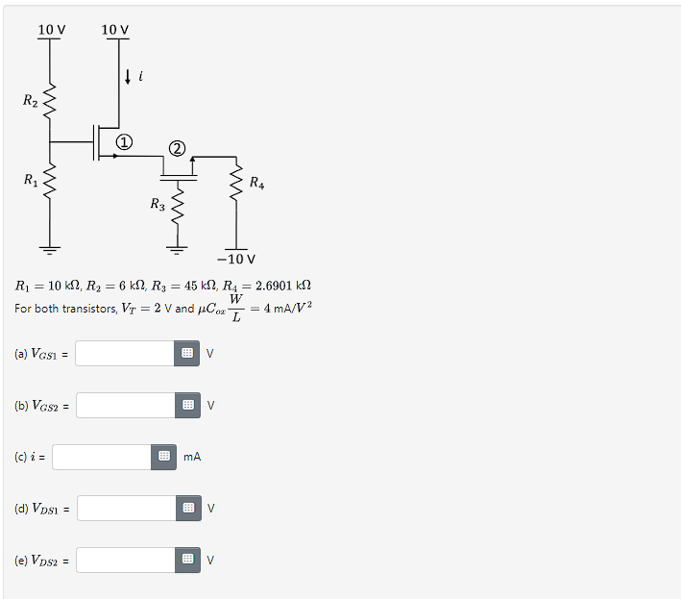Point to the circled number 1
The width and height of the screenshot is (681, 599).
[125, 141]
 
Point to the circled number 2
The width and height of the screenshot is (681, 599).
[176, 148]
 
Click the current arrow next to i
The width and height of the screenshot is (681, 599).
[128, 75]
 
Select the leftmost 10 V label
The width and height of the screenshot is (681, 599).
[51, 30]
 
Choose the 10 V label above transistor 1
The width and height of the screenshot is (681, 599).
[114, 30]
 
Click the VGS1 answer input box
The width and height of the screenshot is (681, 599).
[126, 354]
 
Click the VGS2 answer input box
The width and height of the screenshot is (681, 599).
[126, 406]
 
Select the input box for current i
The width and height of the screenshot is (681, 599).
[102, 457]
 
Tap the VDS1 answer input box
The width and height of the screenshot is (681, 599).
[126, 508]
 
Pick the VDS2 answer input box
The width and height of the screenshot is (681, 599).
[126, 560]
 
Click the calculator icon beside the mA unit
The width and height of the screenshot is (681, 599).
[163, 457]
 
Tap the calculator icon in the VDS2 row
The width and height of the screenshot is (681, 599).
[188, 560]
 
